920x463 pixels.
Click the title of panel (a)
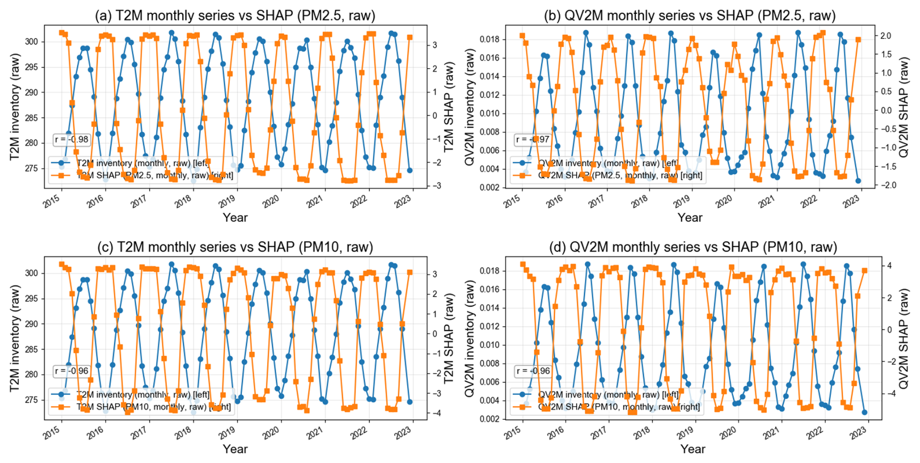pyautogui.click(x=235, y=16)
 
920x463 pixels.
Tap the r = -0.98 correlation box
pyautogui.click(x=71, y=140)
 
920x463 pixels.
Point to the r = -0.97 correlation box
pyautogui.click(x=532, y=140)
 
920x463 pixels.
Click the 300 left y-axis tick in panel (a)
pyautogui.click(x=31, y=42)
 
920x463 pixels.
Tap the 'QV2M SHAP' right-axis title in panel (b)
pyautogui.click(x=904, y=107)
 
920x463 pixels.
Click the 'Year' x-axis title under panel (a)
pyautogui.click(x=235, y=218)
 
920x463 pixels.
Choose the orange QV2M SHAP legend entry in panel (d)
pyautogui.click(x=608, y=407)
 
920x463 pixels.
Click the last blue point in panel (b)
pyautogui.click(x=858, y=181)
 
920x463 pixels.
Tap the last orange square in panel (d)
pyautogui.click(x=865, y=271)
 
